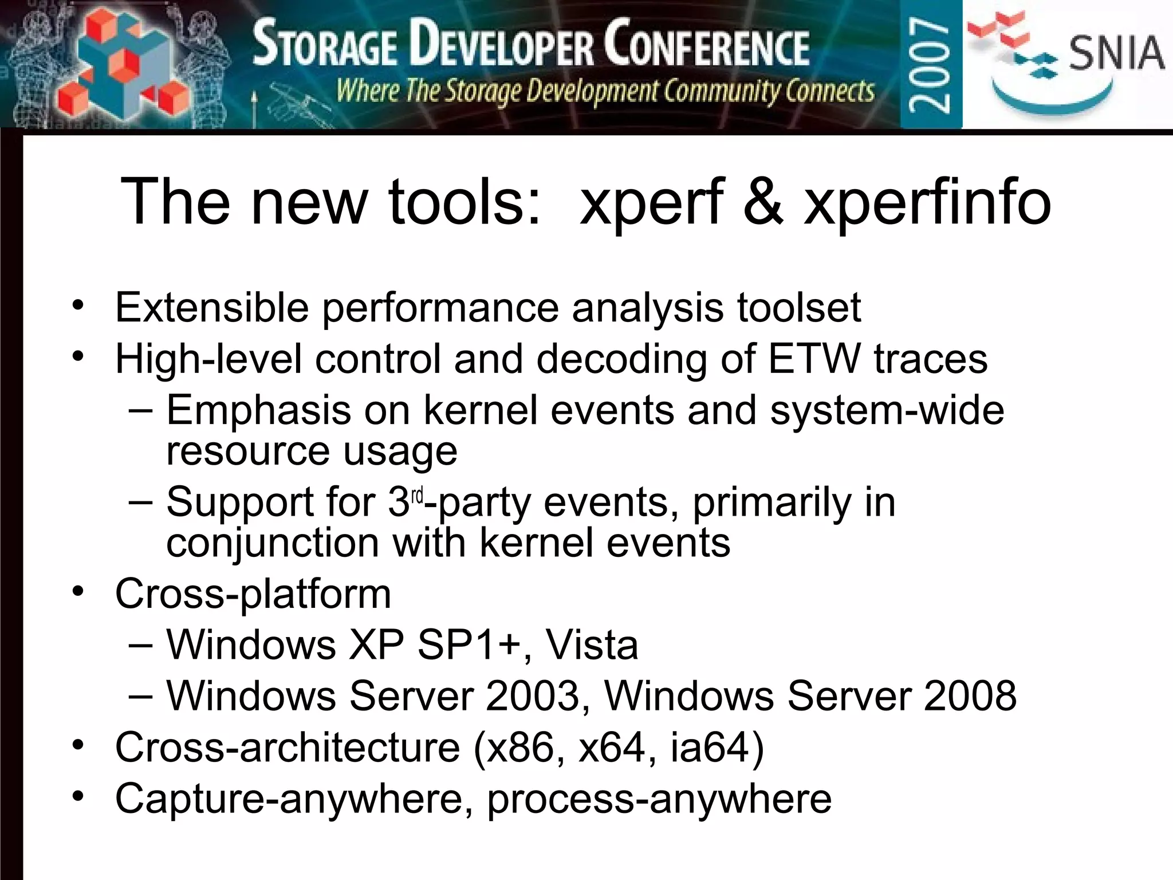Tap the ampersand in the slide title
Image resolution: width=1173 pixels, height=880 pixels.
762,202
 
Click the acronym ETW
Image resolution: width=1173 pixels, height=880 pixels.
814,359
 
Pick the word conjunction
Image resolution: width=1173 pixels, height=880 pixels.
273,543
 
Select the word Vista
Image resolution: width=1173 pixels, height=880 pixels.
592,645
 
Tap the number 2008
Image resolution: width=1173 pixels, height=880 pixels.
970,696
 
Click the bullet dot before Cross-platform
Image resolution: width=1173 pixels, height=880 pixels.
78,591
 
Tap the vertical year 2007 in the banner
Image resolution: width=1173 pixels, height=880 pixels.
931,64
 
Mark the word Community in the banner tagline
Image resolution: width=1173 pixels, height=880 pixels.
722,91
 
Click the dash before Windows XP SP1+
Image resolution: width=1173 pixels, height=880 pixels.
141,645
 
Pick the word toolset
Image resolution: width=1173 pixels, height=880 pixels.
798,308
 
